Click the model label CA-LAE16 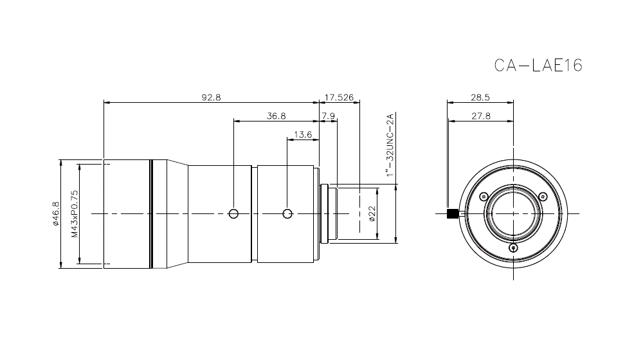[538, 66]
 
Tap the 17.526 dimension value [339, 98]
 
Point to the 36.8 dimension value [276, 116]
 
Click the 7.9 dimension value [328, 116]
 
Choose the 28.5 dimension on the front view [480, 98]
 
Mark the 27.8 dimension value [480, 116]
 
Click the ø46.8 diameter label [56, 213]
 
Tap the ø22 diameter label [372, 213]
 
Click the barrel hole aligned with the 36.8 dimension [234, 213]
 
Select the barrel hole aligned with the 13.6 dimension [287, 213]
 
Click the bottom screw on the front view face [512, 248]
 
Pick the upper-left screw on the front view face [484, 197]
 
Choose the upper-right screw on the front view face [542, 197]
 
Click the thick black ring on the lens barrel [152, 213]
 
